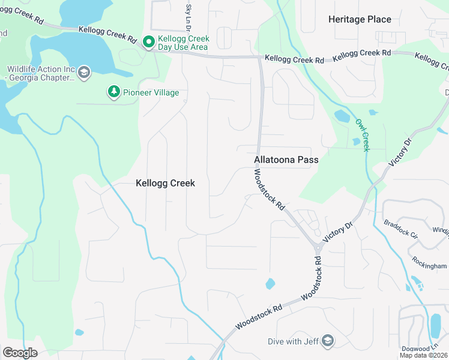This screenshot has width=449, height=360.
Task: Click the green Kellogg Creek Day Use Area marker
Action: click(x=148, y=42)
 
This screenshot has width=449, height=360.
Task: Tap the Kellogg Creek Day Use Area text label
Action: click(x=182, y=43)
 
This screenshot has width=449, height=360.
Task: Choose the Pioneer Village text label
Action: click(x=151, y=92)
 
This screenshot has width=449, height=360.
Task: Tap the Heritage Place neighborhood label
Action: click(x=360, y=20)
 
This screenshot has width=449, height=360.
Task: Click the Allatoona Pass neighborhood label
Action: click(x=286, y=160)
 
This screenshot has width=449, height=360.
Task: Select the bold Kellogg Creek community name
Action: click(x=165, y=183)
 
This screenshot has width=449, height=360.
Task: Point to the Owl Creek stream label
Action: click(x=361, y=134)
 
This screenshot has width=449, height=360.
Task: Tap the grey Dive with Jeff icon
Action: click(x=327, y=341)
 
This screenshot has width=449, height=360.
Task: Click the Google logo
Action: click(x=20, y=352)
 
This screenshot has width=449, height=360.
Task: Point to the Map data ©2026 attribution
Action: click(x=423, y=355)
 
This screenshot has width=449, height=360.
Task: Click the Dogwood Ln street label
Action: click(x=426, y=348)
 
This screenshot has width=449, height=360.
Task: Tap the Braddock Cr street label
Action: click(x=402, y=228)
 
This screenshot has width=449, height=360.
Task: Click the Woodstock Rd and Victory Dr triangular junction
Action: click(x=316, y=246)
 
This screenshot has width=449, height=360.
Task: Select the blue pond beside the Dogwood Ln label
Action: click(x=435, y=326)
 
